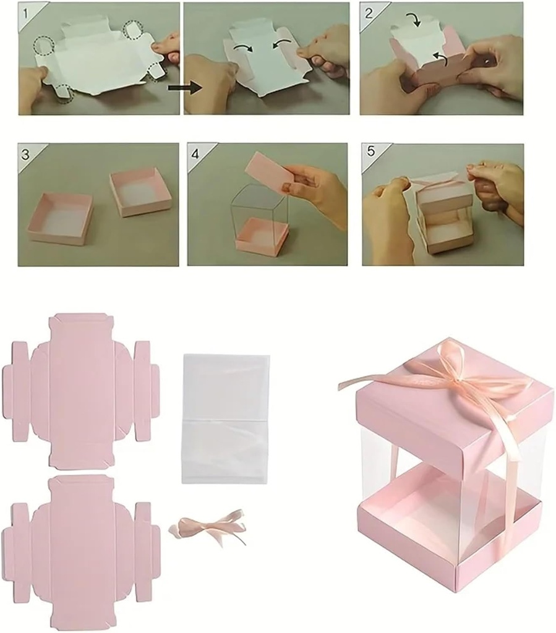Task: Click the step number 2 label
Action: (x=369, y=12)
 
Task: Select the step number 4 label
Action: (x=196, y=153)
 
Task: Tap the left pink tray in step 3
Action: (x=59, y=218)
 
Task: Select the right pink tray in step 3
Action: (x=140, y=192)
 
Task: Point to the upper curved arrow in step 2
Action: (x=414, y=20)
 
